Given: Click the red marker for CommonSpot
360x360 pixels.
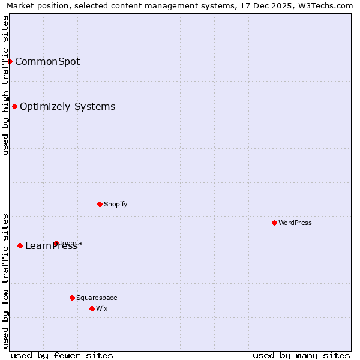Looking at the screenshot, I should pos(10,61).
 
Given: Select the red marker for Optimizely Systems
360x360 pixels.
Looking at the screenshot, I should pos(14,106).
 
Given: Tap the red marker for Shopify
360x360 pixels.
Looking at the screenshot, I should pos(100,204).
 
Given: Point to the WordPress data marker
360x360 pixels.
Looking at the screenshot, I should pos(274,223).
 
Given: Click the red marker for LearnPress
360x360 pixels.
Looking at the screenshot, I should pos(20,245).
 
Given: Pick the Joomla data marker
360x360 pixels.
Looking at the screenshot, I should pos(56,243).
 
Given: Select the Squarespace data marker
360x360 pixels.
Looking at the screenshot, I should pos(72,298).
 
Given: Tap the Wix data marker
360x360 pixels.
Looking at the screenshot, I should pos(92,308).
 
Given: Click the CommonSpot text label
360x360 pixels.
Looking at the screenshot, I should pos(47,61).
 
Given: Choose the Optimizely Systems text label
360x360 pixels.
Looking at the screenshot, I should pos(67,107).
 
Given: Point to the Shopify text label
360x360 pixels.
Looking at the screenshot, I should pos(115,204).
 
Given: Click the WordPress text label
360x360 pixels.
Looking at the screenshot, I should pos(295,223).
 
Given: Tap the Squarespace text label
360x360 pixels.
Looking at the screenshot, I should pos(97,298).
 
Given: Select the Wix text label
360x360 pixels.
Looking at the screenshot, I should pos(102,308).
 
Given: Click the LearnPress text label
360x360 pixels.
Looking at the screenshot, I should pos(51,246).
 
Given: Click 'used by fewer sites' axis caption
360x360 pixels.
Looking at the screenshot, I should pos(62,355).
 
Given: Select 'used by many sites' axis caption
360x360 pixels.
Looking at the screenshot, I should pos(301,355).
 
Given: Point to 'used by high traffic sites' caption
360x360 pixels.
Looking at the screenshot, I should pos(5,85).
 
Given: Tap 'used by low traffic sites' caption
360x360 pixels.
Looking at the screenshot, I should pos(5,281).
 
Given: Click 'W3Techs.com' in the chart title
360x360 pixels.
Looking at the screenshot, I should pos(329,6).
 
